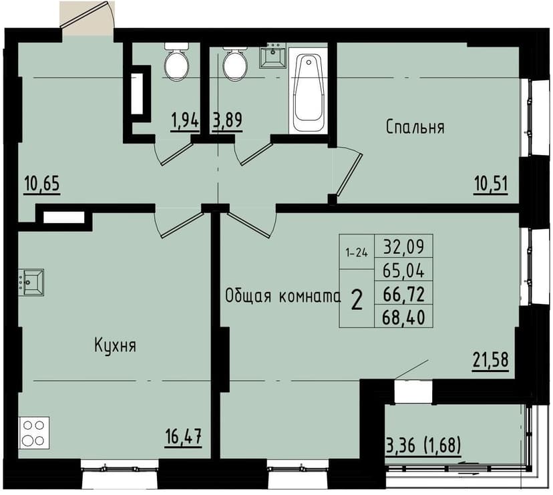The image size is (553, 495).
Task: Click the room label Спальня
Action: [415, 127]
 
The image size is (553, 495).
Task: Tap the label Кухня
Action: [115, 345]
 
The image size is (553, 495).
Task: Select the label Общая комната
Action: [283, 296]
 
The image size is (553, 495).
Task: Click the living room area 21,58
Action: [491, 360]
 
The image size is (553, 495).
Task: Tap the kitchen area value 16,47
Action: [183, 438]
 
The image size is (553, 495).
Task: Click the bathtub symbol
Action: [308, 93]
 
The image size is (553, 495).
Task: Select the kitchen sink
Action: [31, 282]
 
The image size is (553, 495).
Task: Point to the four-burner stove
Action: [33, 432]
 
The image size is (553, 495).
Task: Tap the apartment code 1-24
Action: [356, 253]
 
